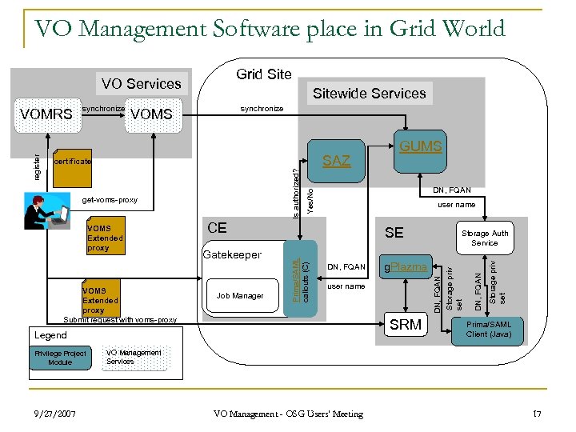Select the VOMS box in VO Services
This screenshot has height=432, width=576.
tap(151, 114)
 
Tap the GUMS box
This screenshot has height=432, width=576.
tap(420, 146)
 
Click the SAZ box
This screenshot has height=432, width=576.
tap(336, 161)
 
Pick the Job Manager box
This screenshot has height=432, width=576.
tap(240, 295)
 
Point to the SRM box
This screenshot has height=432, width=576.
tap(405, 325)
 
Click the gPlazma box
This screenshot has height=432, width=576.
tap(406, 267)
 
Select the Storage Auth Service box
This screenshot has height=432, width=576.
tap(484, 238)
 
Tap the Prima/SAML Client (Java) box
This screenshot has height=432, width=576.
tap(489, 329)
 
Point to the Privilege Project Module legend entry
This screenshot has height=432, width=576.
tap(60, 358)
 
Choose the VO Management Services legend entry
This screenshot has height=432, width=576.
tap(134, 357)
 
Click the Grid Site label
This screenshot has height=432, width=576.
tap(263, 74)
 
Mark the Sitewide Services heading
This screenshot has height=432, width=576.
tap(369, 94)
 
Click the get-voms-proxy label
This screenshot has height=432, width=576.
tap(110, 199)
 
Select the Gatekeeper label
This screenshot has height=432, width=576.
tap(232, 254)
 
